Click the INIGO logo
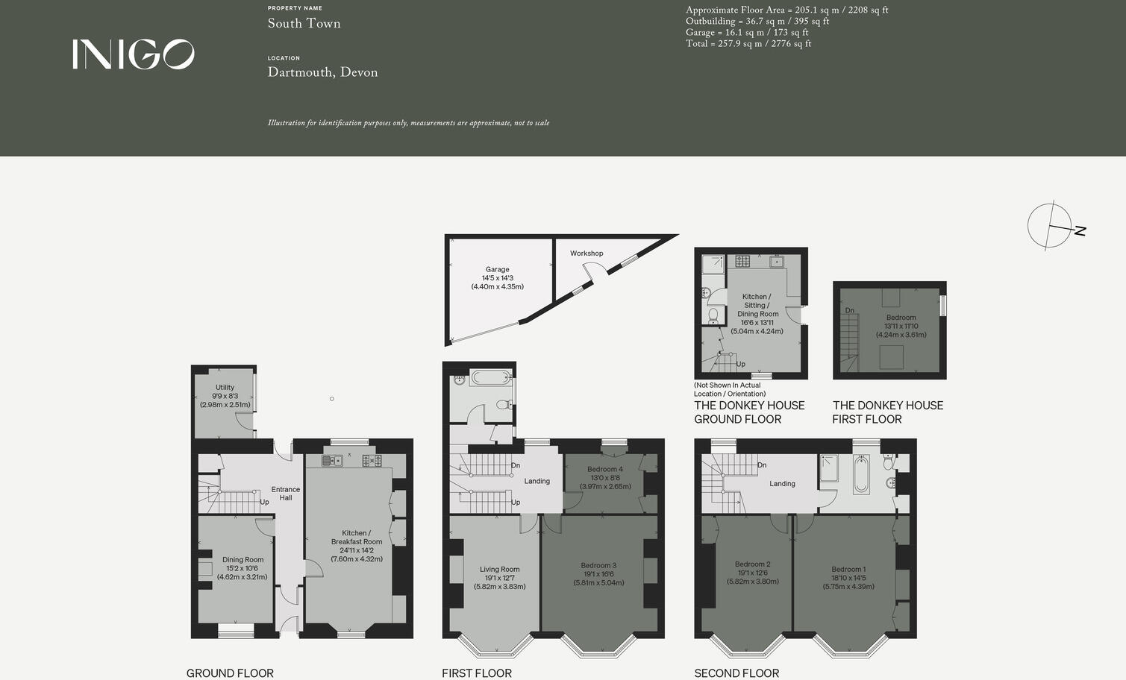134,54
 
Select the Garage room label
497,277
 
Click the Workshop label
587,254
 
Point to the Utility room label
225,396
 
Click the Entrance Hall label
286,494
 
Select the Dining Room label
243,568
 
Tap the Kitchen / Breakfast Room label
357,546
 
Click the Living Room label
499,578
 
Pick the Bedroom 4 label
605,478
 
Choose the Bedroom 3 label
598,574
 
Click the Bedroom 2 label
752,573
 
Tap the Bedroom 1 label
848,578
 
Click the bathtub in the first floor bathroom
490,378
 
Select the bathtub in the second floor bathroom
860,475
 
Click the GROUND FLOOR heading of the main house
230,673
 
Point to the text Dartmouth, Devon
322,72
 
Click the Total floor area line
748,44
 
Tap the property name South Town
304,23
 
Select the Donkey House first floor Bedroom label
901,326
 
